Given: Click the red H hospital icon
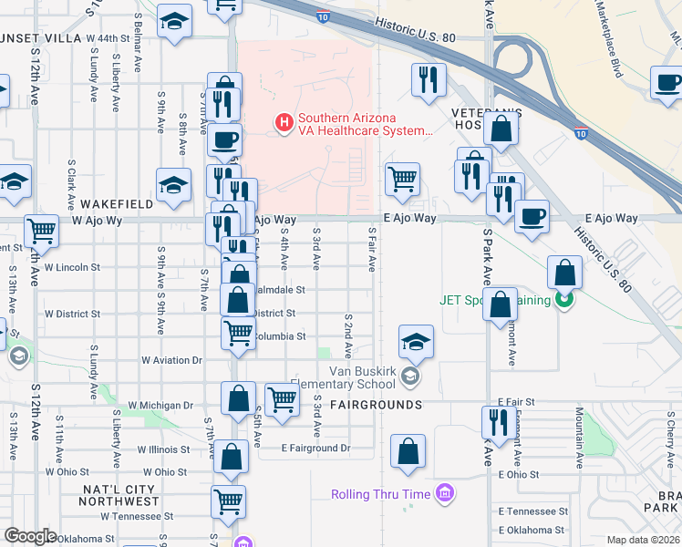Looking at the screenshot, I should pos(284,120).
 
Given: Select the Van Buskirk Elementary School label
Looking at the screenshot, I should pos(365,377).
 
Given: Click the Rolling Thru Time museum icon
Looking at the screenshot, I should pos(444,494).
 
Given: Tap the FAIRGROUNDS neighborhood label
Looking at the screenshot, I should pos(376,404).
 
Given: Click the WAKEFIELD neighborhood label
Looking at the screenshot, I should pos(116,205).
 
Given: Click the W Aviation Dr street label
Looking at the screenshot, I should pos(171,361).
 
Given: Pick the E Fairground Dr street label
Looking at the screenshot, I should pos(315,448).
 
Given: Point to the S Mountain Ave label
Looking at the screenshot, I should pos(579,432).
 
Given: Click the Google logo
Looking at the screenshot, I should pos(30,535).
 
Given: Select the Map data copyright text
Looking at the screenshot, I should pos(642,540).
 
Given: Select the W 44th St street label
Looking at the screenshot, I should pos(108,38).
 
